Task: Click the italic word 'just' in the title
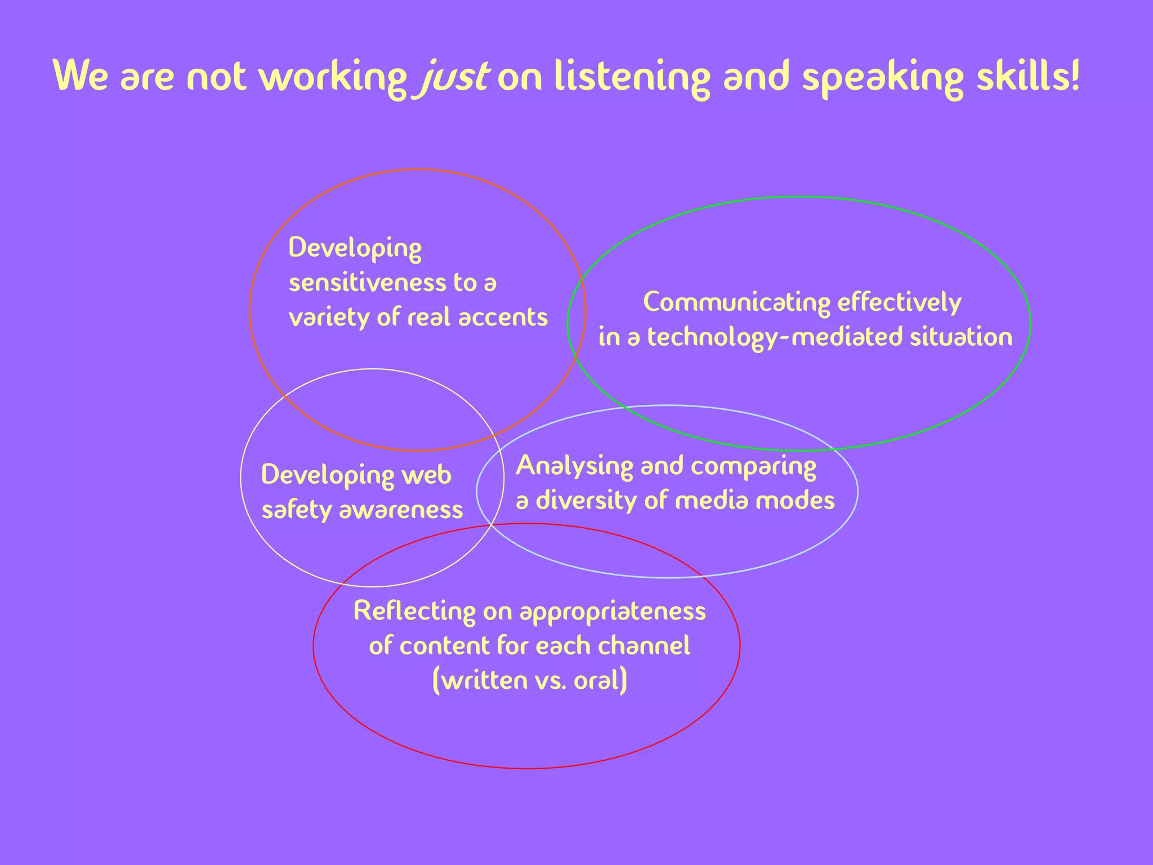(x=454, y=77)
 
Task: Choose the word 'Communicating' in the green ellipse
(x=736, y=302)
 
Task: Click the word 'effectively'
(x=899, y=302)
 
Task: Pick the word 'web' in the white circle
(x=426, y=475)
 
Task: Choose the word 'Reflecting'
(x=414, y=612)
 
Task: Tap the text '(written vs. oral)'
(x=529, y=680)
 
